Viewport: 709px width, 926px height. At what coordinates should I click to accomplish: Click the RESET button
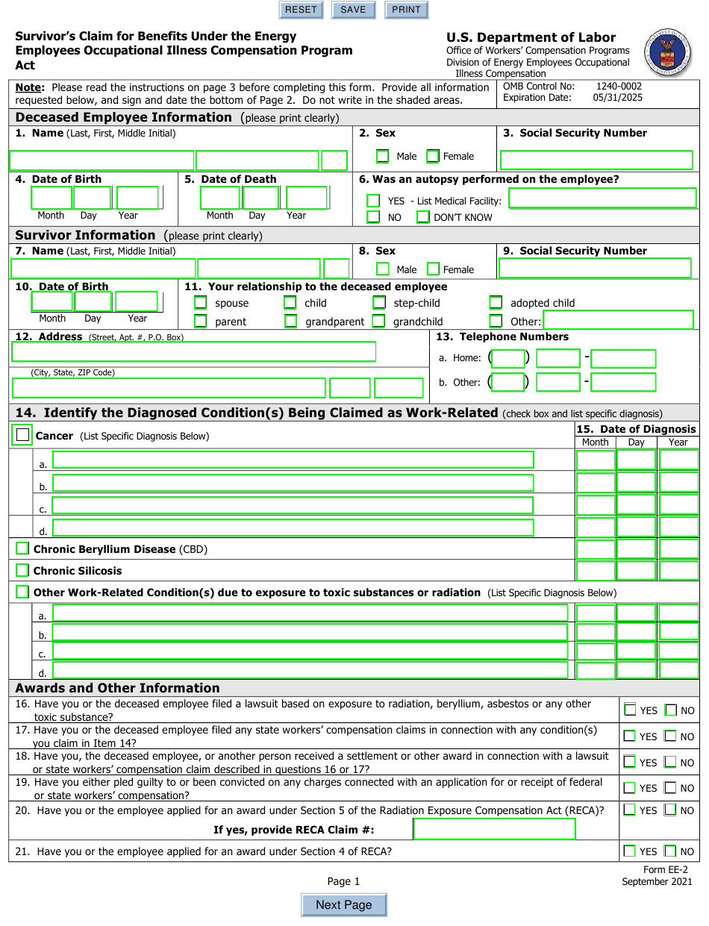point(301,10)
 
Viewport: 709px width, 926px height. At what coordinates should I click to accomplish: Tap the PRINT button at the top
point(406,10)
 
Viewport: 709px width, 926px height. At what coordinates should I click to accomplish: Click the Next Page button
point(344,905)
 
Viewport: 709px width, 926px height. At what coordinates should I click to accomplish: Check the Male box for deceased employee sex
point(383,156)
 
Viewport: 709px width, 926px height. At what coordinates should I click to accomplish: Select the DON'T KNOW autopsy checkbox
point(423,217)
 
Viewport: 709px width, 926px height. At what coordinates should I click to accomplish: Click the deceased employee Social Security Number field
point(596,160)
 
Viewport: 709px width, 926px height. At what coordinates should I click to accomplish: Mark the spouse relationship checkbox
point(201,303)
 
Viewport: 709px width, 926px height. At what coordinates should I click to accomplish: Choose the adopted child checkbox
point(496,303)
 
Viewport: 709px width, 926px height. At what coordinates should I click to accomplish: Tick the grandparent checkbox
point(290,322)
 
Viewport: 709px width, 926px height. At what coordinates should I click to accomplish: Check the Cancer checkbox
point(23,435)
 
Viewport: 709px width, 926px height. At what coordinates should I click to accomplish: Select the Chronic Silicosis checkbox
point(22,571)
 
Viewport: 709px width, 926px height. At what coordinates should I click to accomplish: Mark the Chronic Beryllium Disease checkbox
point(22,549)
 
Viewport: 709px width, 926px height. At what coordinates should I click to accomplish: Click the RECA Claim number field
point(494,829)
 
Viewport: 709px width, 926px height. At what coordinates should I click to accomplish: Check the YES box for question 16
point(630,710)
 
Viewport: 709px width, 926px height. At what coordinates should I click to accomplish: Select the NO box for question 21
point(670,851)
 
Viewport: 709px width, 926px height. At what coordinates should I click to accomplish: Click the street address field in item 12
point(194,351)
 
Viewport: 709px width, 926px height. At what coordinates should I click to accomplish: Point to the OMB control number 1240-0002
point(618,87)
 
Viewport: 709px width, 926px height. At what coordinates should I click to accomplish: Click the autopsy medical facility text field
point(602,198)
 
